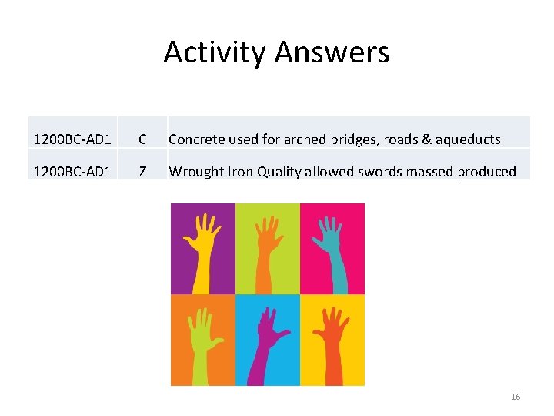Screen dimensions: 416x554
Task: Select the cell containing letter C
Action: pyautogui.click(x=142, y=139)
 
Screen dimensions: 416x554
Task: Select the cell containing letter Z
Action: pyautogui.click(x=142, y=172)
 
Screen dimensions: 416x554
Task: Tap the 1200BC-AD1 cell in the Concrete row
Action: pyautogui.click(x=72, y=139)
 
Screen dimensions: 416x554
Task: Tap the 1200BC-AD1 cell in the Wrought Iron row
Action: pyautogui.click(x=72, y=172)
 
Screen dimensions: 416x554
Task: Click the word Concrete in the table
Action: pyautogui.click(x=196, y=139)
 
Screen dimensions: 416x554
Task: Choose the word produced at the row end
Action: pyautogui.click(x=486, y=172)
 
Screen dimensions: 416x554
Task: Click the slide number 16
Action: pyautogui.click(x=516, y=397)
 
